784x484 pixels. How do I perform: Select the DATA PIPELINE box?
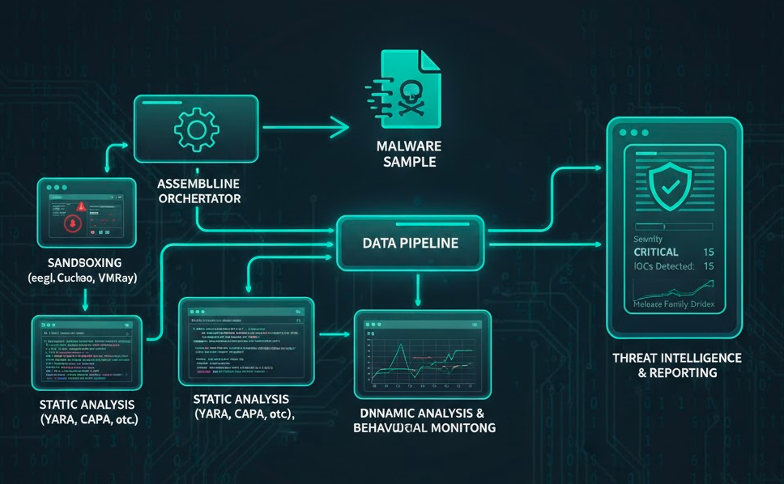pos(410,242)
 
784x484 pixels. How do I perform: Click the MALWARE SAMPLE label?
pos(410,154)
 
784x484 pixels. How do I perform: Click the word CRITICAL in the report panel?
pos(661,252)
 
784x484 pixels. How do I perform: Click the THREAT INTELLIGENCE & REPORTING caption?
pos(677,365)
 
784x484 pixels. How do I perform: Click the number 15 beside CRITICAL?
pos(709,252)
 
